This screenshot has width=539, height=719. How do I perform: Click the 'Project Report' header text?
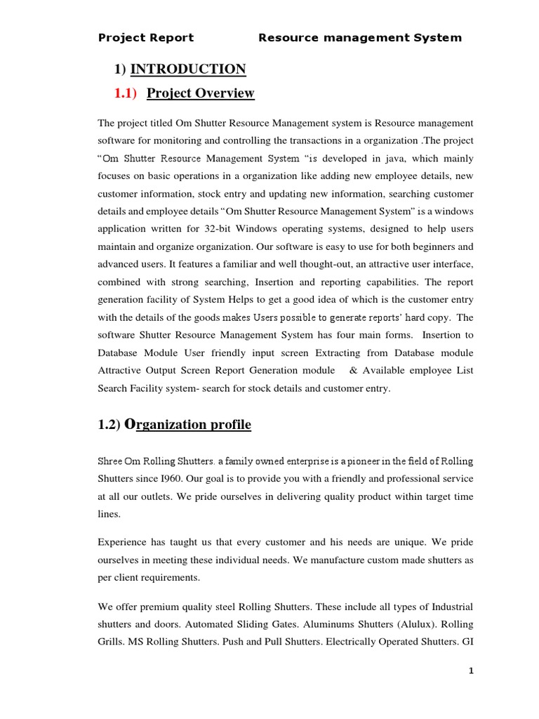146,38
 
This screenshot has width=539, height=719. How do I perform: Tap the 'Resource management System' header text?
360,38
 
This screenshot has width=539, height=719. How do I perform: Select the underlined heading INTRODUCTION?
188,69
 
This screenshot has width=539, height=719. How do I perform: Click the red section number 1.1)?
126,93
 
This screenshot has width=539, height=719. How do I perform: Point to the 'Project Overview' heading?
201,93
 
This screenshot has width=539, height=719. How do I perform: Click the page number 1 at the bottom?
472,671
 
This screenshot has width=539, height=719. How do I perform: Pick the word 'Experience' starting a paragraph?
122,543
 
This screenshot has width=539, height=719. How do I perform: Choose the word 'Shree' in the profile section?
111,461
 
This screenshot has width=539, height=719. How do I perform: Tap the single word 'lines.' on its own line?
110,514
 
